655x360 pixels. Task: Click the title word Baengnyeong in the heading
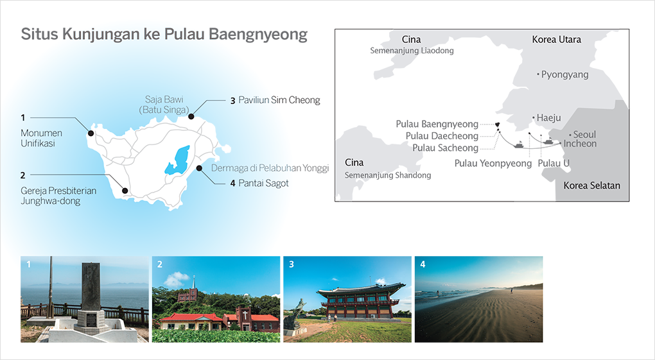(258, 35)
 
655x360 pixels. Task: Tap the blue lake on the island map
(177, 160)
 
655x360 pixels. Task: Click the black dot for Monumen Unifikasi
(91, 133)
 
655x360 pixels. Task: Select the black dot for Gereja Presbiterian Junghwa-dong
(125, 191)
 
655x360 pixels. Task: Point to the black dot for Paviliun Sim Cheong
(191, 117)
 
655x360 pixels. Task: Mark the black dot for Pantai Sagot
(199, 168)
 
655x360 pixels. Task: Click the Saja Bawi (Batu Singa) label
(164, 105)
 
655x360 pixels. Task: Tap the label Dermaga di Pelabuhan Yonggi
(270, 168)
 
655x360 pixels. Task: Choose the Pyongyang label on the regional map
(564, 74)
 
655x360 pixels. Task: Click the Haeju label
(548, 118)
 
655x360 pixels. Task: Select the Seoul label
(584, 135)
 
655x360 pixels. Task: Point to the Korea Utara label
(556, 39)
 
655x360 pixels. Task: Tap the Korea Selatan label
(591, 185)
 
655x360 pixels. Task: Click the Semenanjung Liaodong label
(412, 51)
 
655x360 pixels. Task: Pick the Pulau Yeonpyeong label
(493, 163)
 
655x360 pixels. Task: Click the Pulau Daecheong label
(442, 136)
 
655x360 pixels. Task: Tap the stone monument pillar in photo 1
(91, 287)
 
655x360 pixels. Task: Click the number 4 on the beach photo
(423, 264)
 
